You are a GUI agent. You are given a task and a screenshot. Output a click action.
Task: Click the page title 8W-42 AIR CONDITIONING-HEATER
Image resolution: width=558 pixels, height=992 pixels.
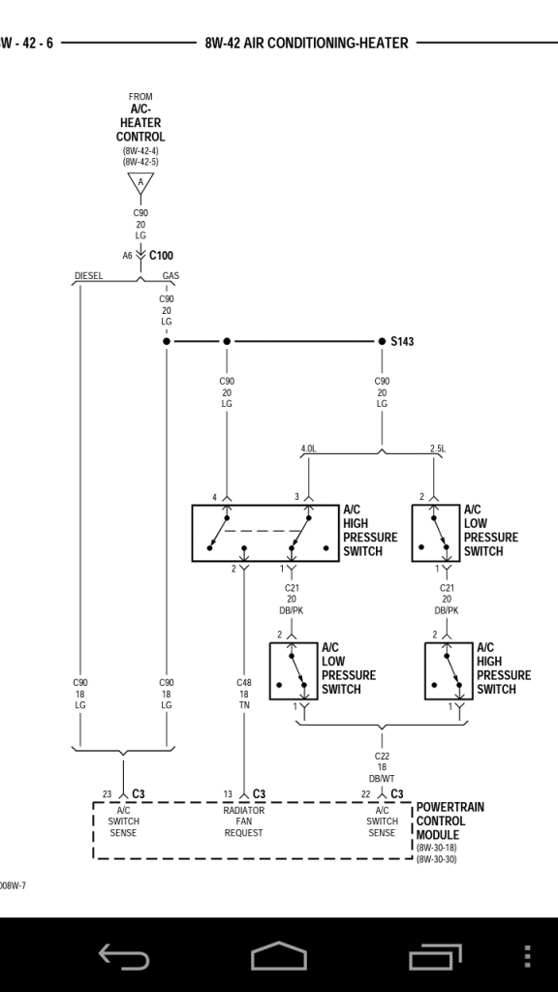tap(306, 43)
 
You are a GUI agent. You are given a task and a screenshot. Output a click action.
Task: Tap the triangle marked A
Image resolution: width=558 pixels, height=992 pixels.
tap(140, 182)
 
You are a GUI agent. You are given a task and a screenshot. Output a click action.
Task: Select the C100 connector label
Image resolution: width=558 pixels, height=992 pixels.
tap(162, 256)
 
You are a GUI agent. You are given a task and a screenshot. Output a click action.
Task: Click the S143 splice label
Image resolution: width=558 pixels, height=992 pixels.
tap(402, 342)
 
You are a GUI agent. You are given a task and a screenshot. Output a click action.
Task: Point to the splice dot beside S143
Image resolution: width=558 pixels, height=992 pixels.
tap(382, 342)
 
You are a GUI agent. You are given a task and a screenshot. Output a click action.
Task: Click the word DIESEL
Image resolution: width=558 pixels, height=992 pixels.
tap(88, 276)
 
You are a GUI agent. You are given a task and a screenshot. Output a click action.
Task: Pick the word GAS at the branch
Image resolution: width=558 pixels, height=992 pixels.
tap(170, 276)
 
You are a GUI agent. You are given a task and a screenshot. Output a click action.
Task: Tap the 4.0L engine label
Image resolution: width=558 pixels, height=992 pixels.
tap(309, 449)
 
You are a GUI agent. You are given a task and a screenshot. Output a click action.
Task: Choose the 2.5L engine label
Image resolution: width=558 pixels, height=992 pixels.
tap(438, 449)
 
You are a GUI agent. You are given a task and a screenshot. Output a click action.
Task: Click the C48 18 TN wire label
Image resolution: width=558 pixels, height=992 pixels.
tap(244, 694)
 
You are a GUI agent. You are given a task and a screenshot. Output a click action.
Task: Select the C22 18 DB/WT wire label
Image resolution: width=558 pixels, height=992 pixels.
tap(382, 767)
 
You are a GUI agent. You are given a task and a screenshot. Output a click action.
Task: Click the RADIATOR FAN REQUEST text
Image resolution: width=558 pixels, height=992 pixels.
tap(243, 821)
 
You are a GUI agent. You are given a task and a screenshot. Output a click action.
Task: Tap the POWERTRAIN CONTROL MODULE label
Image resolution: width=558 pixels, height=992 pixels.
tap(449, 821)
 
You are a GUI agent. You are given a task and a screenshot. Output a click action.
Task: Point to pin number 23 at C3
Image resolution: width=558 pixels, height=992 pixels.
tap(107, 794)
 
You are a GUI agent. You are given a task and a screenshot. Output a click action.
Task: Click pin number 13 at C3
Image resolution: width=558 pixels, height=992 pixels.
tap(228, 794)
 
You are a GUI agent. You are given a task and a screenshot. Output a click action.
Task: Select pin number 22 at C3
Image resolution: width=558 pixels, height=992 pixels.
tap(365, 794)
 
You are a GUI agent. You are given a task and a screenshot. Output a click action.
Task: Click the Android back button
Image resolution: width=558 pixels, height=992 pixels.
tap(124, 956)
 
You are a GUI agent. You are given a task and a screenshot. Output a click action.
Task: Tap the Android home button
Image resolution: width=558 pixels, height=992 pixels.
tap(279, 955)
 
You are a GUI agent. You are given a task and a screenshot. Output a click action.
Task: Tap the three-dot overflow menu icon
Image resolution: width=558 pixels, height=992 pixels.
tap(528, 956)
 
